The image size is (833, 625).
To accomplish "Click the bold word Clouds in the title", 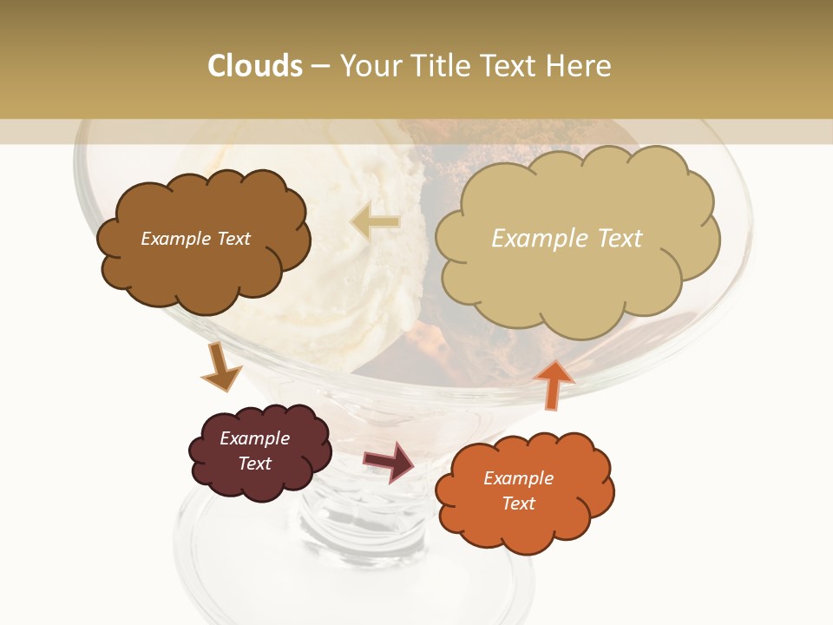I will point(255,66).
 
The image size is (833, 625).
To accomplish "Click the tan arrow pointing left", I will point(375,222).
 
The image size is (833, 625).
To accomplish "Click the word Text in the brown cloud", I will point(231,239).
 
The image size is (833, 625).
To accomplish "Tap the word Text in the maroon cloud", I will point(254,464).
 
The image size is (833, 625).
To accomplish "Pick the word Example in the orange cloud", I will point(518,478).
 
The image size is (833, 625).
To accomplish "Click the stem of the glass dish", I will point(364,521).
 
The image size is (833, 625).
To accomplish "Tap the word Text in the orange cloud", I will point(518,503).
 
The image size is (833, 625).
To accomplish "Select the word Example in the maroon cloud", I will point(254,438).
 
